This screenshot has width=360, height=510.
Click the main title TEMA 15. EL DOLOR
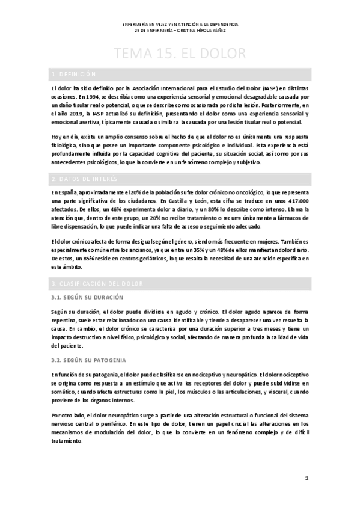tap(180, 54)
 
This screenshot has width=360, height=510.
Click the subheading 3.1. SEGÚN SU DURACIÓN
tap(87, 297)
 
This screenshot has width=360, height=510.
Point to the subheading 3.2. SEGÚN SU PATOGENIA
tap(88, 360)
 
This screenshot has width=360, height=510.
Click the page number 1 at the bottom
tap(307, 478)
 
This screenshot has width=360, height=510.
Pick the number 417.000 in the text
tap(294, 200)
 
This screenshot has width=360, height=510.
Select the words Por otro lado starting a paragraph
tap(69, 415)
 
